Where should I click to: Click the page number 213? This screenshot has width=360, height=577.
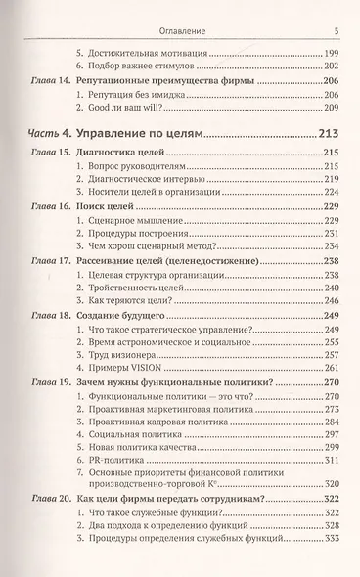(328, 132)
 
